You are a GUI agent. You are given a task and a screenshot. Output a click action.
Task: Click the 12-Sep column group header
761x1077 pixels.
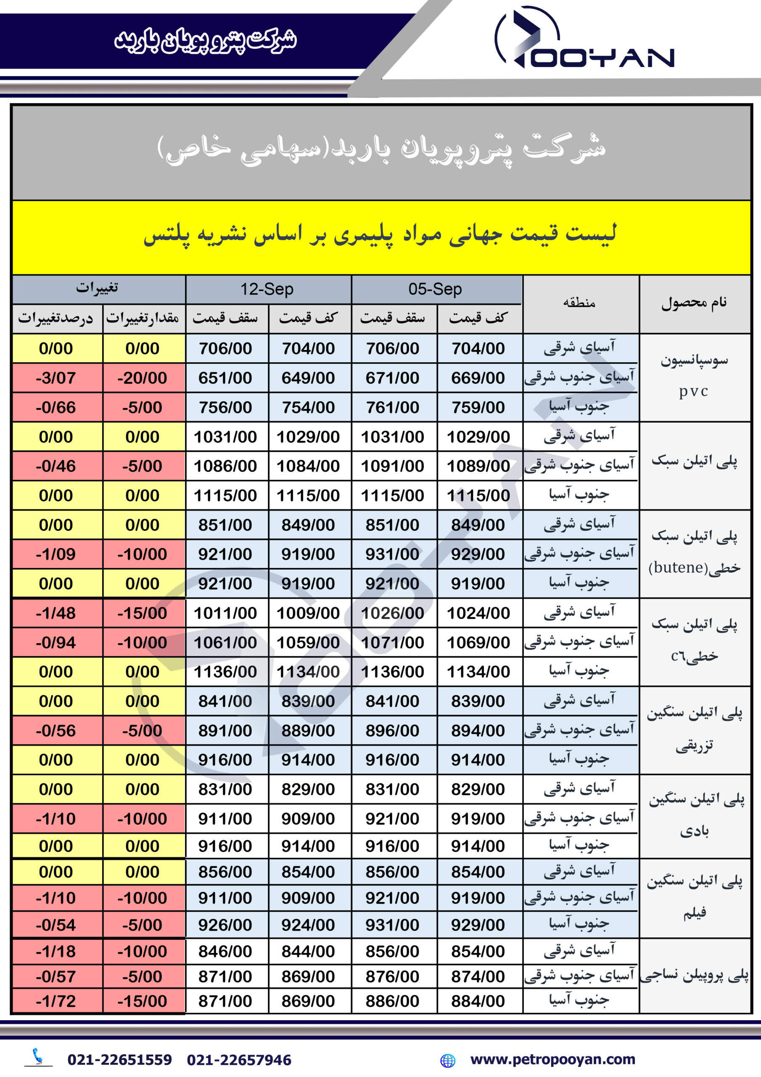tap(267, 289)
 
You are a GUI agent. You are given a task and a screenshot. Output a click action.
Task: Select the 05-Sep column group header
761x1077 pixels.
tap(435, 289)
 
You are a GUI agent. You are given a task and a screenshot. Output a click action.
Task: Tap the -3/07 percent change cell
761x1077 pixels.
tap(56, 378)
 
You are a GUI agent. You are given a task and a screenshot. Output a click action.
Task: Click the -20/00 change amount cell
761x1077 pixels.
tap(142, 378)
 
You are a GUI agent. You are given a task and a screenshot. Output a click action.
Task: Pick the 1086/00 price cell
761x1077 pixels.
tap(225, 466)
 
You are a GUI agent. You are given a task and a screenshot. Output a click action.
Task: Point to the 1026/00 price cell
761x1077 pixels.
tap(392, 613)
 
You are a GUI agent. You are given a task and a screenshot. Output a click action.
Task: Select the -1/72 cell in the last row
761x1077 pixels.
tap(56, 1001)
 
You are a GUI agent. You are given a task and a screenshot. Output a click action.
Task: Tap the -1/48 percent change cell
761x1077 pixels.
tap(56, 613)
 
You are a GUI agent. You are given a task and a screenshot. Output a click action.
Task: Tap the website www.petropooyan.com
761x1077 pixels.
tap(553, 1059)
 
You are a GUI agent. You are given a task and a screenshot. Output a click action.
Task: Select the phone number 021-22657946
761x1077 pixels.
tap(239, 1060)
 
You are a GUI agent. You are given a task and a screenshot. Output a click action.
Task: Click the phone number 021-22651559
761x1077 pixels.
tap(119, 1060)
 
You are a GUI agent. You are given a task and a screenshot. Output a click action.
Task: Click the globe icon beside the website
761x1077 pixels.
tap(448, 1060)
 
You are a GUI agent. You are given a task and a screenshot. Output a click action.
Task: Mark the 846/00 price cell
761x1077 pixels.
tap(225, 951)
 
